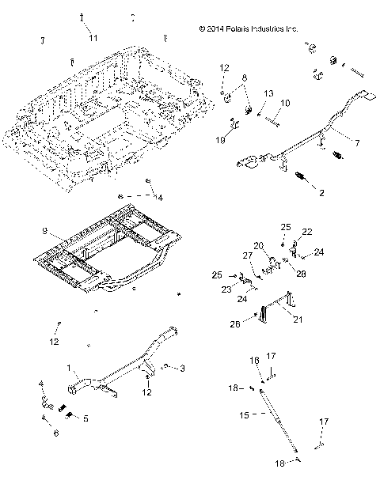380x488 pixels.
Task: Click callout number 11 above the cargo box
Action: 93,38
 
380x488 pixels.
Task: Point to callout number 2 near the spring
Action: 321,192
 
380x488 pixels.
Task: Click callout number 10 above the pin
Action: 285,103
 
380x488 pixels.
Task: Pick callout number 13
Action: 268,93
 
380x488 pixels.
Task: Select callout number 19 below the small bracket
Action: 221,140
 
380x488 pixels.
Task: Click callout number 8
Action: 245,78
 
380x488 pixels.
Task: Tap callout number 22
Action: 307,231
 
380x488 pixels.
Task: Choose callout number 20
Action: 258,244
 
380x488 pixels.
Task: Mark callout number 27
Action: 247,255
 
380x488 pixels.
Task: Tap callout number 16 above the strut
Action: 254,360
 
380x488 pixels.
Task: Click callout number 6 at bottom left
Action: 55,433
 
